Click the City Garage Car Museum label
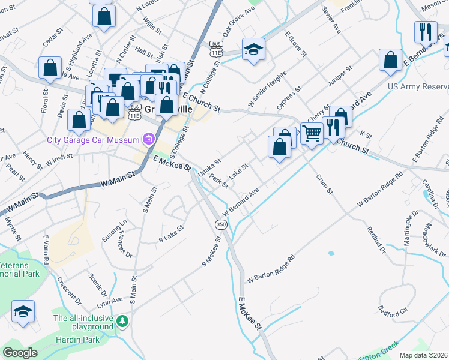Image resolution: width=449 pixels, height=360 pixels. pyautogui.click(x=93, y=140)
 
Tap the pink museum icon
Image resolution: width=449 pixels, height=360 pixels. pyautogui.click(x=148, y=140)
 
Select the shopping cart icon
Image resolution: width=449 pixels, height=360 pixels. pyautogui.click(x=312, y=133)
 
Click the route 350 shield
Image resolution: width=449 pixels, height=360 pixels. pyautogui.click(x=220, y=224)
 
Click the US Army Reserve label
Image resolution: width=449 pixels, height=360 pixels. pyautogui.click(x=418, y=87)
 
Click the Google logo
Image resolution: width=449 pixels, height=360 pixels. pyautogui.click(x=20, y=353)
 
